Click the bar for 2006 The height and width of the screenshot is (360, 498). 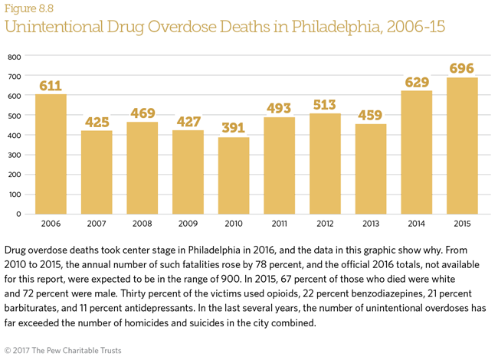pos(51,153)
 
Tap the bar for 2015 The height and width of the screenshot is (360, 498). pos(462,145)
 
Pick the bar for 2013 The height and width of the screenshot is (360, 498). pos(371,168)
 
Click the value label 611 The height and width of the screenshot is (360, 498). pos(51,86)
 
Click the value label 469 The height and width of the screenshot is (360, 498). pos(142,113)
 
